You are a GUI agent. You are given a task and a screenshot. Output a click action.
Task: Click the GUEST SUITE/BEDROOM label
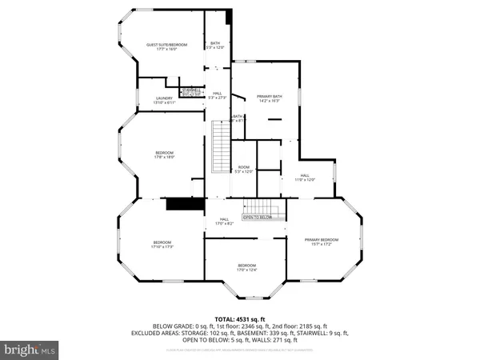(x=166, y=45)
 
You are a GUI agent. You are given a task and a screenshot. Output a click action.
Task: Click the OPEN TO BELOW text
(x=258, y=217)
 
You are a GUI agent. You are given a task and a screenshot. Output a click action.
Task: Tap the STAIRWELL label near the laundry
(x=191, y=90)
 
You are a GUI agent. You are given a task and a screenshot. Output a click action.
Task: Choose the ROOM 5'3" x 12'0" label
(x=243, y=168)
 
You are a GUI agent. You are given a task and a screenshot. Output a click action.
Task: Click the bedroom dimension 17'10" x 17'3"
(x=162, y=246)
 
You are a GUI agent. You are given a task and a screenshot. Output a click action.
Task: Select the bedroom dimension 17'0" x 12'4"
(x=246, y=269)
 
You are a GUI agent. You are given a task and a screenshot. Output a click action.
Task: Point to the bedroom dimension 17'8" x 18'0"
(x=164, y=157)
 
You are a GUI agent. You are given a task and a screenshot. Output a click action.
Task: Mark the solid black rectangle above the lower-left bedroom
(x=181, y=204)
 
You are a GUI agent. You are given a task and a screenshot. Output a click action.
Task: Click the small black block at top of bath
(x=229, y=17)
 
